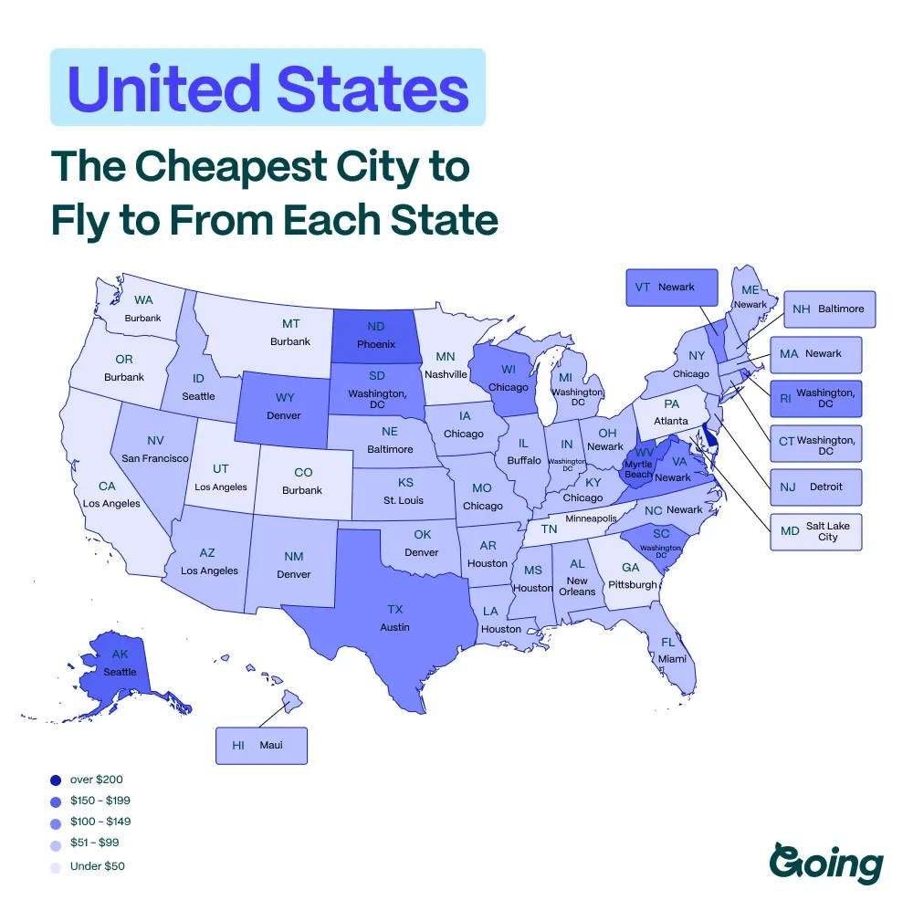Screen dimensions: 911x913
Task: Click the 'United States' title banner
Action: [x=268, y=88]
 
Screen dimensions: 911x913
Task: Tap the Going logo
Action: [x=826, y=862]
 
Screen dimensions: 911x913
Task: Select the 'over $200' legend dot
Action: [x=57, y=780]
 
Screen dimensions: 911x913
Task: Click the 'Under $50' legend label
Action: [x=97, y=865]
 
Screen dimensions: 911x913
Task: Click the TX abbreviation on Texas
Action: [x=394, y=609]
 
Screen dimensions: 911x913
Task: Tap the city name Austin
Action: [x=394, y=627]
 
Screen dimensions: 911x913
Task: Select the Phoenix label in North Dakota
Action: [x=375, y=344]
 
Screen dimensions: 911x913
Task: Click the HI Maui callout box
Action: [x=262, y=745]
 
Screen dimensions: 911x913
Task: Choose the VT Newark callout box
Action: [x=671, y=287]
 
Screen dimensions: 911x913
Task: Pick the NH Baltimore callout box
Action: [x=829, y=309]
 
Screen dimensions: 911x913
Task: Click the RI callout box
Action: [x=816, y=398]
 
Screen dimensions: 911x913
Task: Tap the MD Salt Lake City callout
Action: [x=816, y=531]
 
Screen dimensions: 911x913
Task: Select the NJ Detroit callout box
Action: [x=816, y=487]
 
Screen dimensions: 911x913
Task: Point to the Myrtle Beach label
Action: [x=638, y=468]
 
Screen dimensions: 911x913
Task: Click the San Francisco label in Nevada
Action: [x=154, y=457]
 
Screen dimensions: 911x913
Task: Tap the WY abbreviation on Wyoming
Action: [x=284, y=398]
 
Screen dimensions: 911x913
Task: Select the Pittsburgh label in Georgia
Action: [x=632, y=584]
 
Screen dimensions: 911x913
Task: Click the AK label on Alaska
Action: [x=120, y=654]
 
